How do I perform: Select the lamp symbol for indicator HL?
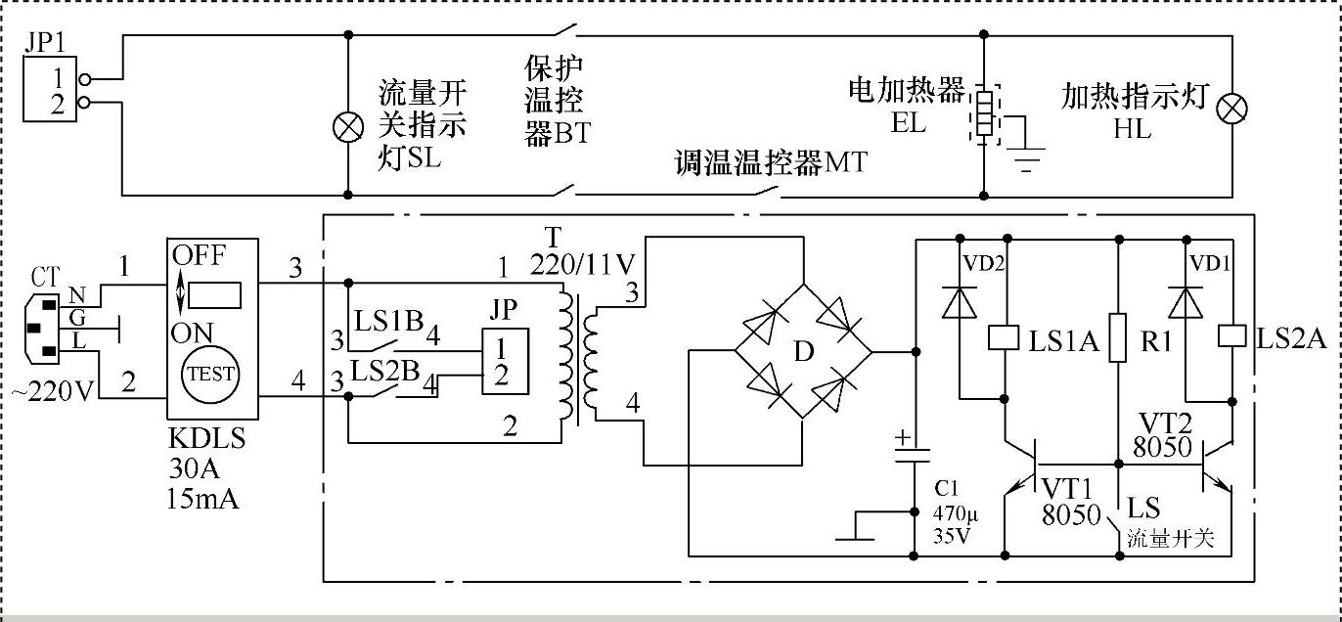tap(1229, 109)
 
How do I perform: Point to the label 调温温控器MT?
tap(771, 163)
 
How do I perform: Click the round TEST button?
tap(211, 373)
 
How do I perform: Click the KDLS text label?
tap(206, 439)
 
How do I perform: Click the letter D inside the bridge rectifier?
tap(803, 352)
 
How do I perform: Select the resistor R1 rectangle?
tap(1117, 338)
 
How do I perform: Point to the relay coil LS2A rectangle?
tap(1231, 335)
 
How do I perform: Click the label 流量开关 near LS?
tap(1171, 537)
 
